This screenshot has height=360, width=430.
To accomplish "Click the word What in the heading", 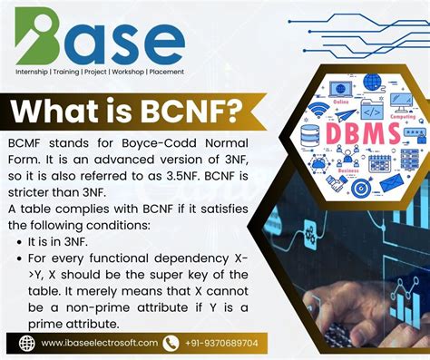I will tap(60, 113).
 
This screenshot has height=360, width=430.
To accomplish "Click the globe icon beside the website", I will tap(28, 344).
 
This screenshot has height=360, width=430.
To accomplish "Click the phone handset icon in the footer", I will tap(171, 344).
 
